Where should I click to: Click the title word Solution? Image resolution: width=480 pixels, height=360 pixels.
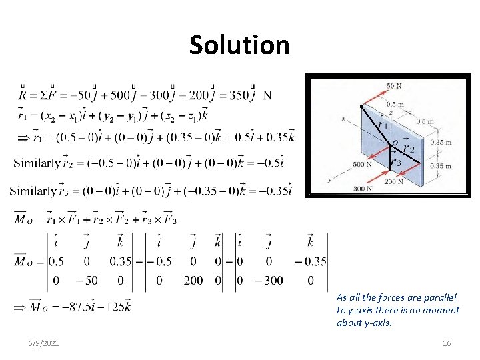(x=239, y=45)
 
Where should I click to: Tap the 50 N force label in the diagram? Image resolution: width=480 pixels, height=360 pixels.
(x=394, y=86)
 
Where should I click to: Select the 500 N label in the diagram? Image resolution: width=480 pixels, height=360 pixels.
(x=362, y=165)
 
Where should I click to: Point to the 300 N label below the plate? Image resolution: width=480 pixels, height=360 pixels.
(x=362, y=189)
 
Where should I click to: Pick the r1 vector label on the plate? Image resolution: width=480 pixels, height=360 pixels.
(x=382, y=125)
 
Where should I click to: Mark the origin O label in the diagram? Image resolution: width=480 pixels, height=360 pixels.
(x=395, y=142)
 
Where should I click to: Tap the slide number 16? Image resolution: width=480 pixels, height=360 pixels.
(x=447, y=343)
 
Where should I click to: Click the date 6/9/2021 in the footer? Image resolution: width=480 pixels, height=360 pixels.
(x=45, y=343)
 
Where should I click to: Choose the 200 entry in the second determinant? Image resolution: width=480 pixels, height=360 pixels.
(x=193, y=280)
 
